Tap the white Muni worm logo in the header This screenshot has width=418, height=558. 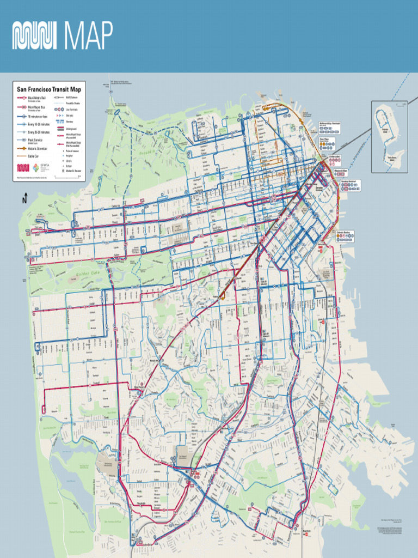coord(34,36)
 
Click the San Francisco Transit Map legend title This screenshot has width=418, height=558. coord(49,89)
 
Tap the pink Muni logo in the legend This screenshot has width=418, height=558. coord(23,168)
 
